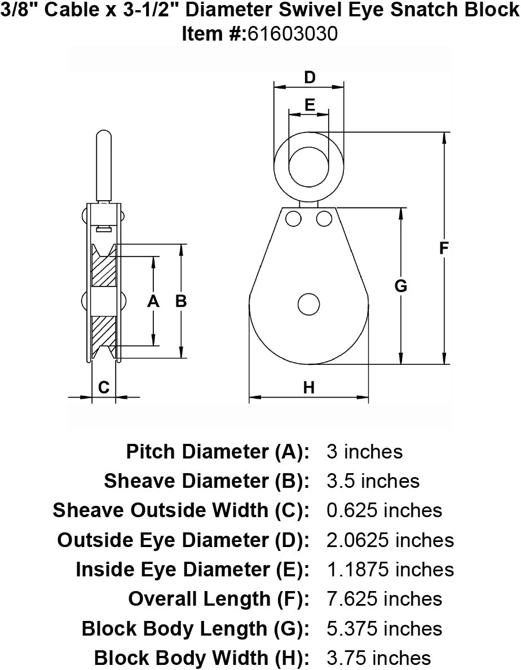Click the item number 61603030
pyautogui.click(x=293, y=33)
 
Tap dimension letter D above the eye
pyautogui.click(x=310, y=77)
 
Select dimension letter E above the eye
pyautogui.click(x=310, y=105)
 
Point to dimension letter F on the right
pyautogui.click(x=444, y=248)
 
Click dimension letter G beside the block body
pyautogui.click(x=400, y=285)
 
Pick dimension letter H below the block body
pyautogui.click(x=309, y=387)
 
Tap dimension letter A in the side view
pyautogui.click(x=153, y=301)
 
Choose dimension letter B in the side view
pyautogui.click(x=181, y=301)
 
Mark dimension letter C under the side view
pyautogui.click(x=104, y=387)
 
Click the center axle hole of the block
pyautogui.click(x=309, y=305)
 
